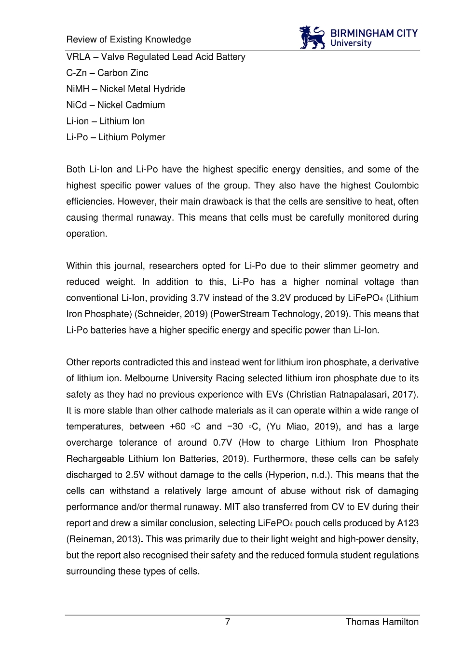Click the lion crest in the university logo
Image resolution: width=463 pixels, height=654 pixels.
(312, 38)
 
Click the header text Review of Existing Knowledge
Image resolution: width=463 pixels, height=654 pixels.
(129, 40)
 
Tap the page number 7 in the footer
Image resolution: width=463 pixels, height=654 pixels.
(228, 622)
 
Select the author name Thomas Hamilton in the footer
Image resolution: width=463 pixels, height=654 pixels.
(382, 622)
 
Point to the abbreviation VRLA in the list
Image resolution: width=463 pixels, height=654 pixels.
(78, 57)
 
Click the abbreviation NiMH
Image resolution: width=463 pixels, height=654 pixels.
(78, 89)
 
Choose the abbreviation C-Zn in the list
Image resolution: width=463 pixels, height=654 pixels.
(76, 73)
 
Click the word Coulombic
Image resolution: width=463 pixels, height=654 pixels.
(396, 186)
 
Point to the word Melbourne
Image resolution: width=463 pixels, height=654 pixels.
(147, 378)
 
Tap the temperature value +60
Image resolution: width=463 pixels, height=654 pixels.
(177, 427)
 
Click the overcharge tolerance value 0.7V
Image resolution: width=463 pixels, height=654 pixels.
(222, 442)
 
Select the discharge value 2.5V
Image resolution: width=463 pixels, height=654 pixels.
(135, 475)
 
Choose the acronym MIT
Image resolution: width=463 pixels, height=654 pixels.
(232, 507)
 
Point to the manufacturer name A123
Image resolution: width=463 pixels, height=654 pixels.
(408, 523)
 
